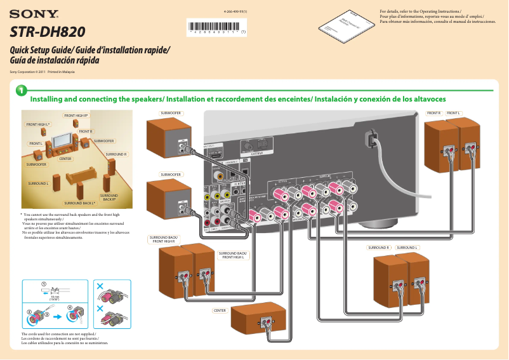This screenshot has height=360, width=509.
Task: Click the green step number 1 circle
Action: tap(21, 93)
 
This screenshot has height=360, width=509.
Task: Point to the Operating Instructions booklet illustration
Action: tap(343, 26)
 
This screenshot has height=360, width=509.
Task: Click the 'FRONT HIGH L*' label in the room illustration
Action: tap(37, 124)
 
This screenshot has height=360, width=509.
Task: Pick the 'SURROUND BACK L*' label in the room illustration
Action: tap(80, 203)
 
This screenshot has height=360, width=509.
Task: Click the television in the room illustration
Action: tap(62, 138)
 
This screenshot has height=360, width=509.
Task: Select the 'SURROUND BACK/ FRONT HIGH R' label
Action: tap(164, 239)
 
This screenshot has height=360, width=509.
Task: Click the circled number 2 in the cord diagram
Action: tap(29, 312)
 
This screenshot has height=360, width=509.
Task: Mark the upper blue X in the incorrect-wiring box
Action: tap(99, 286)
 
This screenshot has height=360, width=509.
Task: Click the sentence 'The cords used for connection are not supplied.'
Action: tap(58, 334)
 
